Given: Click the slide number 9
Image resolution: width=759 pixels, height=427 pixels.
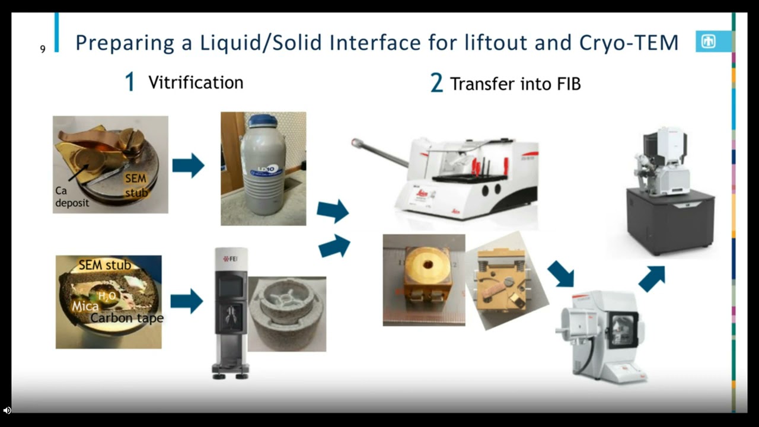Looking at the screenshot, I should point(43,49).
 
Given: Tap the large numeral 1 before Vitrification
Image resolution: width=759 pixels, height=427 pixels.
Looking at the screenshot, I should point(129,82).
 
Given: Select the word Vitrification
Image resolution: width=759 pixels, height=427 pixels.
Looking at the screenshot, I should point(196,82).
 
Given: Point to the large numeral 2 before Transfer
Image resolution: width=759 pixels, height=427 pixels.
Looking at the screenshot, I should point(436,84).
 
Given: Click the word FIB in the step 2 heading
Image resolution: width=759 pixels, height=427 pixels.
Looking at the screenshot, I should point(568,84).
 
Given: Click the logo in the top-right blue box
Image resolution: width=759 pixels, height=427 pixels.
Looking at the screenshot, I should point(709,42).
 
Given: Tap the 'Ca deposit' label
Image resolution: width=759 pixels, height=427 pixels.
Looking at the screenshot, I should point(72,197).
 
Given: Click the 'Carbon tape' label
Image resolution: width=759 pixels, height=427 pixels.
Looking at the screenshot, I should point(127,318).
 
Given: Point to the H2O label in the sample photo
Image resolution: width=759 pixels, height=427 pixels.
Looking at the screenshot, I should point(107,295).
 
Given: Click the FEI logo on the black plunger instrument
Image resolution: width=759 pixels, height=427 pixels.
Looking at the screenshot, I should point(231,259).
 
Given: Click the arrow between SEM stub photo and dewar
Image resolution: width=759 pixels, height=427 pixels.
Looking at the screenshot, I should point(188,165).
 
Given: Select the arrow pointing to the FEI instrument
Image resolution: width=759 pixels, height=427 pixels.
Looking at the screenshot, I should point(186,301).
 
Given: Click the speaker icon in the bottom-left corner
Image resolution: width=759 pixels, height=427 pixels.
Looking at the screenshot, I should point(7,410).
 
